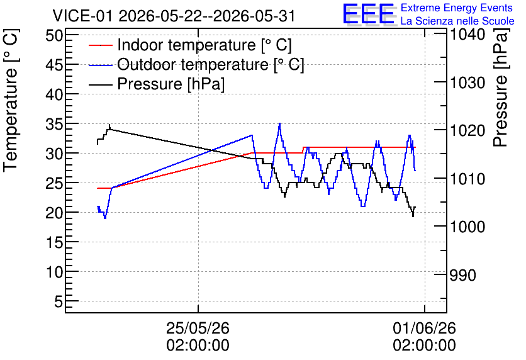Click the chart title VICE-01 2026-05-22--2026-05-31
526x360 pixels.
174,16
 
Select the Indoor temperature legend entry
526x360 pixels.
190,45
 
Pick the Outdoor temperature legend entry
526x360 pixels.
196,64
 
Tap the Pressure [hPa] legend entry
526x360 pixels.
157,84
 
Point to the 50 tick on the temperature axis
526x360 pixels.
54,35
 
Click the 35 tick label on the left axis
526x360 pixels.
54,124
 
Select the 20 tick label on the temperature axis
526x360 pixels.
54,212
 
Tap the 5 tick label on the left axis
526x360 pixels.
59,301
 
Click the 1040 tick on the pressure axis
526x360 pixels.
467,34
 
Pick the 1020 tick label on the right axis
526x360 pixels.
467,130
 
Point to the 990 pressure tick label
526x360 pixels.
463,275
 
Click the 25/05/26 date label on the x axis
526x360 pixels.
198,328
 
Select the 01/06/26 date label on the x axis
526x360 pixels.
424,328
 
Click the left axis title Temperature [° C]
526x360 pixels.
11,100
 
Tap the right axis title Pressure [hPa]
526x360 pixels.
500,87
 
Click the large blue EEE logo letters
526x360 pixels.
368,13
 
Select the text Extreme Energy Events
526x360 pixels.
457,8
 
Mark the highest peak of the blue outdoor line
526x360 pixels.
279,123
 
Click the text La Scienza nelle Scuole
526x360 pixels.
457,21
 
